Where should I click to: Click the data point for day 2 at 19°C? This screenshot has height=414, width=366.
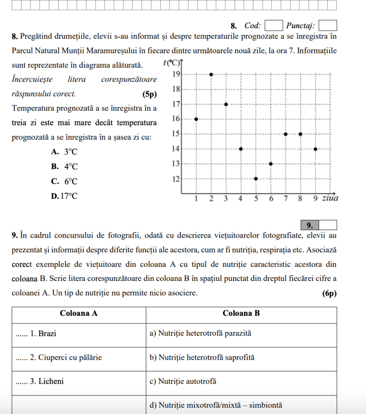click(211, 74)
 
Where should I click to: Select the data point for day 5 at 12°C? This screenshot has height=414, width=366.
click(256, 178)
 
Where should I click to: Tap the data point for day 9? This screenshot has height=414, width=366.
click(316, 149)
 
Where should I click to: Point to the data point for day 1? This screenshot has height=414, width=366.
click(196, 119)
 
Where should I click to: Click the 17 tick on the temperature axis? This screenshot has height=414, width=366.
click(176, 104)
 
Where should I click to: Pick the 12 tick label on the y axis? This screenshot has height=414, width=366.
click(176, 179)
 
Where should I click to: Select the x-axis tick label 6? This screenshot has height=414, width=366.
click(271, 199)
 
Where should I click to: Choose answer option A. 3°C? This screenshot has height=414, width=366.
click(64, 152)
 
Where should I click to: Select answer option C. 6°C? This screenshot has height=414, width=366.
click(64, 182)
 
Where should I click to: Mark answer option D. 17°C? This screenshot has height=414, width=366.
click(64, 196)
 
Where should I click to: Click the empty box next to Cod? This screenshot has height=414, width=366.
click(273, 26)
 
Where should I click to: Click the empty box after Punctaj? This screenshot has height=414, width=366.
click(328, 26)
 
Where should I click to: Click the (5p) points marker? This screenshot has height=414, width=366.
click(149, 94)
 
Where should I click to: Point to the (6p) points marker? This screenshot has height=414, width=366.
click(330, 294)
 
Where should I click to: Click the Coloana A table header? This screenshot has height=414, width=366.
click(79, 313)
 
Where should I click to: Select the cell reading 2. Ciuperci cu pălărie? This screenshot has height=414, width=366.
click(79, 358)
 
